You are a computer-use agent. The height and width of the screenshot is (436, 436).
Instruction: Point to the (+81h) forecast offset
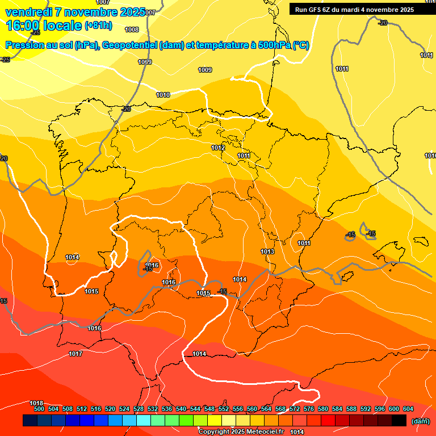click(x=98, y=26)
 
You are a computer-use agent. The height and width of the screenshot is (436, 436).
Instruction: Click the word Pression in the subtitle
click(x=26, y=45)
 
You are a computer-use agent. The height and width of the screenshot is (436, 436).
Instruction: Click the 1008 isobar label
click(x=132, y=30)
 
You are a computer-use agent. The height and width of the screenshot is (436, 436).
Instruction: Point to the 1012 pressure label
click(x=218, y=148)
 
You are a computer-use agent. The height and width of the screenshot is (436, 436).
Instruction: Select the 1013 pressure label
click(x=267, y=251)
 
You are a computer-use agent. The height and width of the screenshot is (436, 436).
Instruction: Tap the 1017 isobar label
click(x=76, y=354)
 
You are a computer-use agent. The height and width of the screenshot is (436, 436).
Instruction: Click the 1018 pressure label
click(x=36, y=403)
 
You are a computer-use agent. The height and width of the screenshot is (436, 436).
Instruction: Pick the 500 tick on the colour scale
click(x=39, y=409)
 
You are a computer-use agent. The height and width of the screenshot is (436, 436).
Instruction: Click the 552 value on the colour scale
click(x=224, y=409)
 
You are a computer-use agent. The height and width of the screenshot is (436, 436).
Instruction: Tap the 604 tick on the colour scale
click(x=408, y=409)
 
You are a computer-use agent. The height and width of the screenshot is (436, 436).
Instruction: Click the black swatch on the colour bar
click(x=399, y=420)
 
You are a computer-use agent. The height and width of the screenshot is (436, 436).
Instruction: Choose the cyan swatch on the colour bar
click(x=144, y=420)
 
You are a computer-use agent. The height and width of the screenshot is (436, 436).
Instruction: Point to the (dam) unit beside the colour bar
click(x=421, y=421)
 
